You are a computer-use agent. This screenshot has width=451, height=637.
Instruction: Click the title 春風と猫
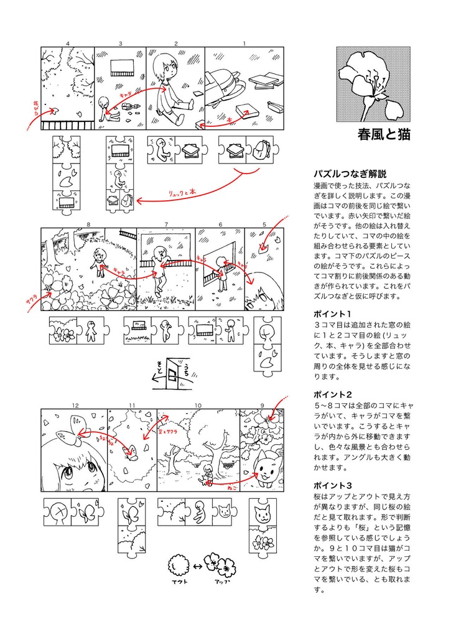click(384, 134)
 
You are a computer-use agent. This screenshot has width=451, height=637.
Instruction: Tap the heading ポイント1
click(333, 314)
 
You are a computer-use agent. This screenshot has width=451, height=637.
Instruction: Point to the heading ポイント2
click(333, 394)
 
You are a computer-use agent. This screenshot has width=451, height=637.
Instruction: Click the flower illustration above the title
click(373, 83)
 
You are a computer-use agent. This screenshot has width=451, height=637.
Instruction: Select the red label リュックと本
click(182, 193)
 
